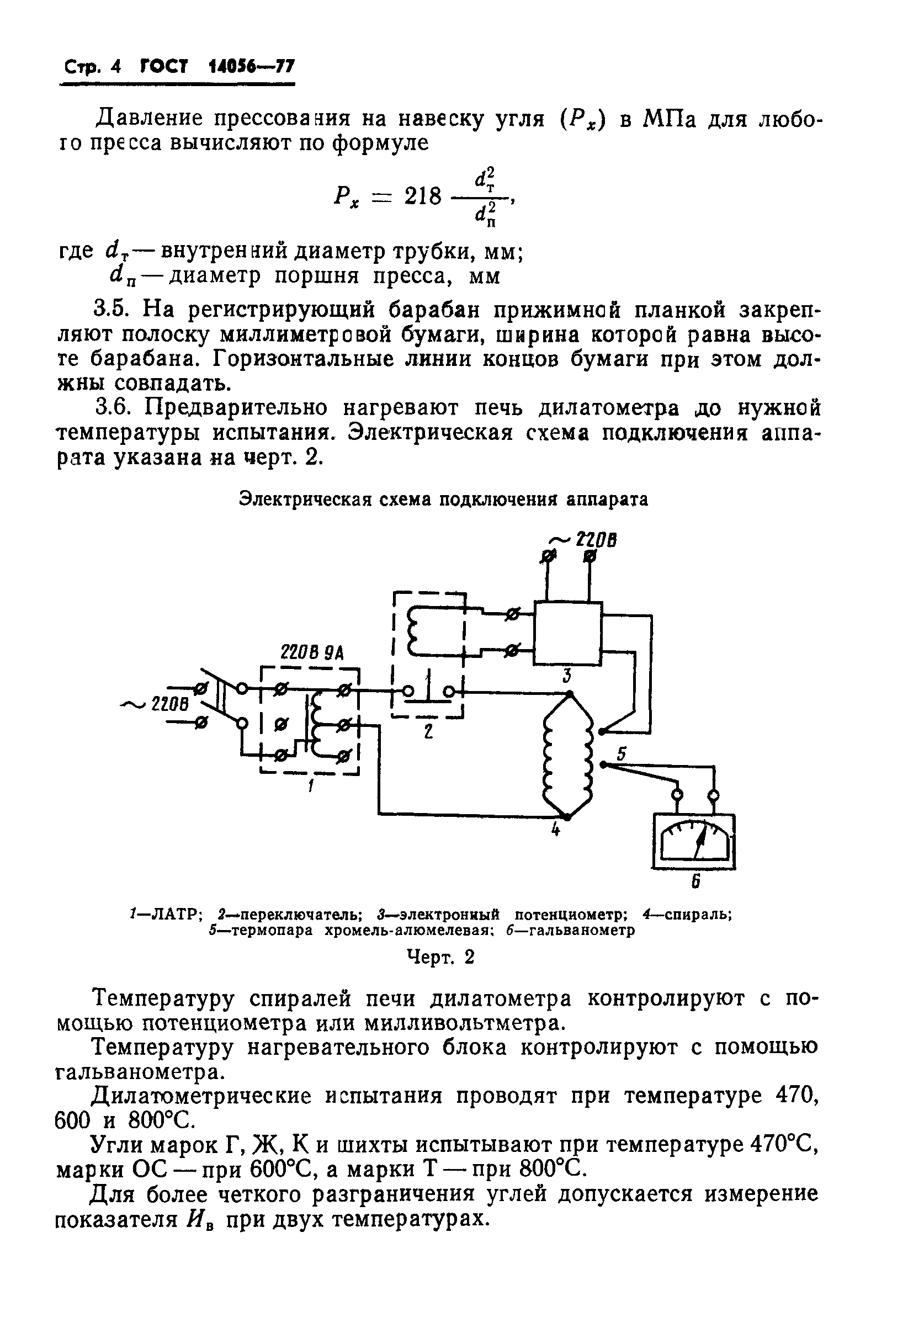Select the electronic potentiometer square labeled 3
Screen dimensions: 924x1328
pos(567,633)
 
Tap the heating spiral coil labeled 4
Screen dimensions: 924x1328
pos(567,756)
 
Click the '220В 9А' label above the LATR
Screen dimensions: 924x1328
pos(311,653)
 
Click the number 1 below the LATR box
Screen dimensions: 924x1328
pos(311,787)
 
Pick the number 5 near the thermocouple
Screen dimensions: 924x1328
pos(621,753)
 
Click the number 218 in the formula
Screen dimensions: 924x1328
pos(422,197)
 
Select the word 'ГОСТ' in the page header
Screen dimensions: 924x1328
pos(164,67)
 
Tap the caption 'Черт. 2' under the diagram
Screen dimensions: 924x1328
pos(442,958)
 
